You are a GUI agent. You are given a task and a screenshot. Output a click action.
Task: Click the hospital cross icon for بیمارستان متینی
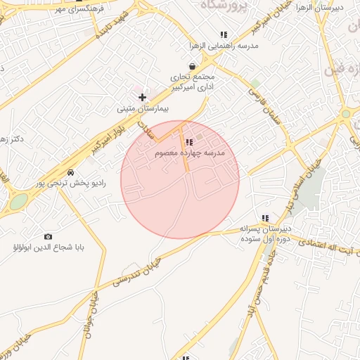pos(142,97)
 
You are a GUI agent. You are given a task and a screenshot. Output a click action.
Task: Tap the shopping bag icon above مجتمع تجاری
pos(191,66)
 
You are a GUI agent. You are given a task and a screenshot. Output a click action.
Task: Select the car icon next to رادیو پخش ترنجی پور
pos(70,172)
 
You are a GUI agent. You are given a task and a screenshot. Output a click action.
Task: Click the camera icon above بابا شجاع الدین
pos(48,236)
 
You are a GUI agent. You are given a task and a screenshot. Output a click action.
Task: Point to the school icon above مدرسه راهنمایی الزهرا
pos(224,34)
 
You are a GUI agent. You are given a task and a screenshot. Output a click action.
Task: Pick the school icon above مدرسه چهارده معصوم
pos(188,142)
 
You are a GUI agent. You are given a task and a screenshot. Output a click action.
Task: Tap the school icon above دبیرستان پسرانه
pos(265,218)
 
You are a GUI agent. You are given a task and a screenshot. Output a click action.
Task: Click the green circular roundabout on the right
pos(345,113)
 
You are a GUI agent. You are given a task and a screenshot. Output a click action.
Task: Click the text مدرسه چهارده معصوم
pos(190,153)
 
